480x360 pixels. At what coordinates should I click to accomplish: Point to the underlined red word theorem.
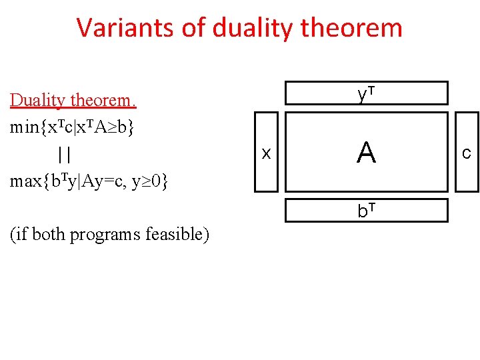pyautogui.click(x=103, y=101)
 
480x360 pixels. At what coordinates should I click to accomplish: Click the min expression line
pyautogui.click(x=71, y=127)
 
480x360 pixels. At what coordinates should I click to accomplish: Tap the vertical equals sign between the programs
pyautogui.click(x=65, y=155)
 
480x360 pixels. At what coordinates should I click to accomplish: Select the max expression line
pyautogui.click(x=89, y=181)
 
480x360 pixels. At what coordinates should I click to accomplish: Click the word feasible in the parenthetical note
pyautogui.click(x=175, y=234)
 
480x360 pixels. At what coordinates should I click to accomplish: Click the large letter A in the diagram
pyautogui.click(x=366, y=154)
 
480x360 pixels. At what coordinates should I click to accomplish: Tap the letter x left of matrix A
pyautogui.click(x=266, y=154)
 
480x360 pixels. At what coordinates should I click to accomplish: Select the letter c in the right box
pyautogui.click(x=467, y=154)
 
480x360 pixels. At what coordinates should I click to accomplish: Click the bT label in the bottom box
pyautogui.click(x=366, y=211)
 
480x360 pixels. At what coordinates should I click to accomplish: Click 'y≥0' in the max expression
pyautogui.click(x=151, y=181)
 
